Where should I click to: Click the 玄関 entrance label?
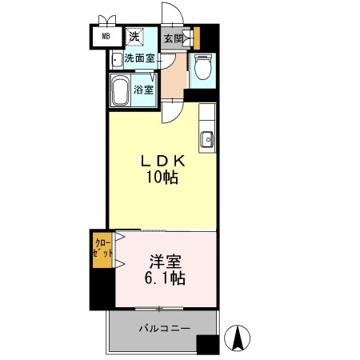[x=174, y=38]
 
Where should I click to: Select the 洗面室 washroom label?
[x=139, y=58]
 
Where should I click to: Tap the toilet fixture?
[x=201, y=69]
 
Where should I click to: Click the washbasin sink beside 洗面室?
[x=117, y=58]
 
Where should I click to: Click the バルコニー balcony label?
[x=163, y=328]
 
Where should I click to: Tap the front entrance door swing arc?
[x=172, y=16]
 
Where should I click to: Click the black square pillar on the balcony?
[x=207, y=344]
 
